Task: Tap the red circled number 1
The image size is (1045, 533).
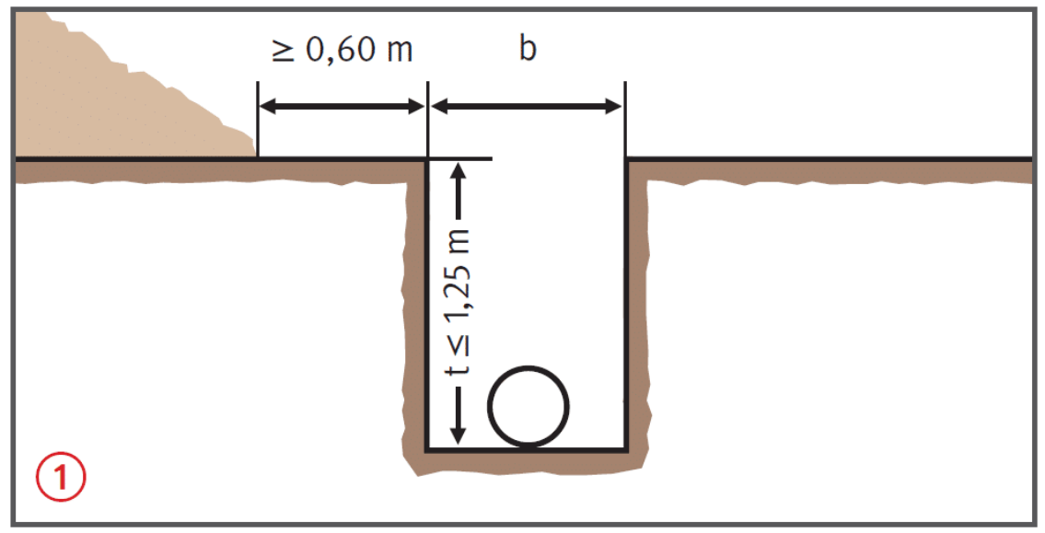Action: coord(61,477)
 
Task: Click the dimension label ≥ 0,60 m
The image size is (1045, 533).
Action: coord(343,50)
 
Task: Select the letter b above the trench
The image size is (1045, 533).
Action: coord(528,48)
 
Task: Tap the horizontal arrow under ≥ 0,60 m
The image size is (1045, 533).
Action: coord(342,106)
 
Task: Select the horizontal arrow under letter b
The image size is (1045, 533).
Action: coord(527,106)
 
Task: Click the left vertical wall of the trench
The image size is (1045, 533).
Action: coord(427,305)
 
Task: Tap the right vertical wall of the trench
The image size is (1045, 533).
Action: coord(626,305)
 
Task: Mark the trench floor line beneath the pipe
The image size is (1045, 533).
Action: coord(527,449)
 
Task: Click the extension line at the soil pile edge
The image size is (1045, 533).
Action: coord(258,120)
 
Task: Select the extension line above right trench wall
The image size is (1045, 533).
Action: coord(625,120)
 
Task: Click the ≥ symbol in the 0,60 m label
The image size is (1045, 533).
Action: coord(284,51)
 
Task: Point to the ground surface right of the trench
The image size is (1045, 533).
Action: coord(830,160)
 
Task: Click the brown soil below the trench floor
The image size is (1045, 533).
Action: coord(527,462)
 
